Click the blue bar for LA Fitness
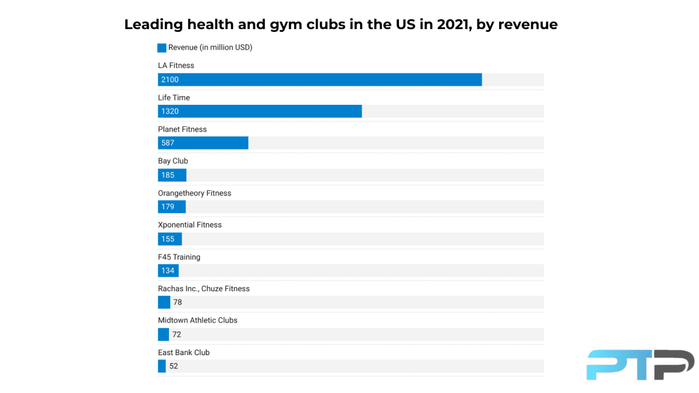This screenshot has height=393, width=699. coord(320,80)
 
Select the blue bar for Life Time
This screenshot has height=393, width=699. coord(260,111)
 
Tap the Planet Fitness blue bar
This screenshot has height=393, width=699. coord(203,143)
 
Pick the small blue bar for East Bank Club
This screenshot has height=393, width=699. coord(162,366)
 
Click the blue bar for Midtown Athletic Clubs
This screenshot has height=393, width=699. coord(163,334)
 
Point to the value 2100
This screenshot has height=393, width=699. coord(170,80)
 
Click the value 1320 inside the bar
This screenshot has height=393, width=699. coord(170,111)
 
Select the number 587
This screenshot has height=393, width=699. coord(168,143)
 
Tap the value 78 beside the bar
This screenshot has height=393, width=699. coord(178,302)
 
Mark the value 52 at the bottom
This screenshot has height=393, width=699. coord(174,366)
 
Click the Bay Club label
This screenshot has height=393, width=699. coord(173,161)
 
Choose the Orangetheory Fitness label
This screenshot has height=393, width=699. coord(195,193)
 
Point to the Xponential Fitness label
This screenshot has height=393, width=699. coord(190,225)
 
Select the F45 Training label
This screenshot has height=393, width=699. coord(179,257)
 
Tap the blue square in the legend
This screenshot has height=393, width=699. coord(162,48)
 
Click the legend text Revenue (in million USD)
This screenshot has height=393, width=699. coord(210,48)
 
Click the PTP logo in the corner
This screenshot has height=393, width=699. coord(640,364)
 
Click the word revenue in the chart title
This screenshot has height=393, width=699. coord(528,24)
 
